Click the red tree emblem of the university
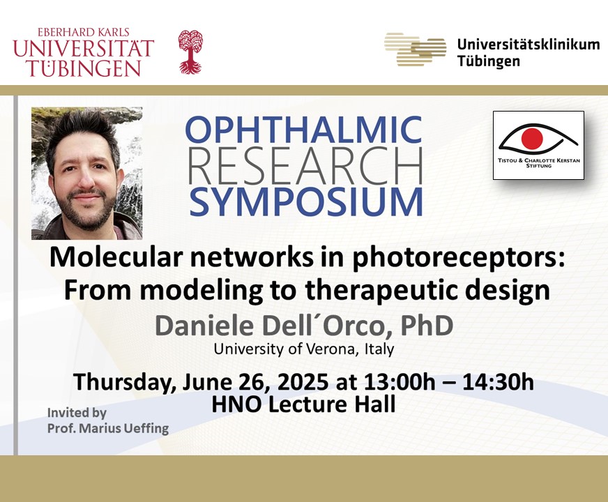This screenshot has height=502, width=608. click(x=190, y=52)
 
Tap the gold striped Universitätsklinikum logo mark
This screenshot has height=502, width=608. click(x=416, y=50)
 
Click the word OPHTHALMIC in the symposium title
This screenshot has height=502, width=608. click(x=303, y=130)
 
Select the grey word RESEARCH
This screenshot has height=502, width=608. click(x=305, y=166)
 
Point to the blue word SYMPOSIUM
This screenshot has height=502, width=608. click(x=306, y=202)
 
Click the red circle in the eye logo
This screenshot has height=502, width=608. click(x=531, y=137)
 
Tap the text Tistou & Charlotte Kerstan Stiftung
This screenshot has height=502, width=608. click(x=539, y=163)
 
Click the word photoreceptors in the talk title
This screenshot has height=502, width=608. click(x=458, y=259)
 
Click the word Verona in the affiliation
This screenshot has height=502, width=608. click(x=330, y=349)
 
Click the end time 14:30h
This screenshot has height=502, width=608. click(x=498, y=382)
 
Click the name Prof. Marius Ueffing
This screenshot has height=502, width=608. click(x=108, y=428)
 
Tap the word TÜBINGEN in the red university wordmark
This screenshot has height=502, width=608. click(x=84, y=68)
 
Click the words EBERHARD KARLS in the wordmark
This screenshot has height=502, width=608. click(x=84, y=33)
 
